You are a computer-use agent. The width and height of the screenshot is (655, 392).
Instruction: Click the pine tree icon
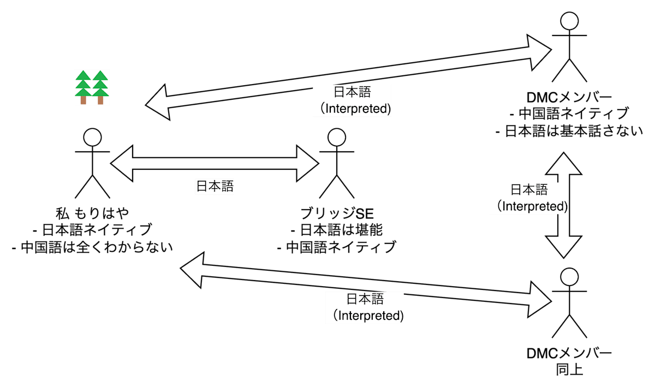tap(92, 87)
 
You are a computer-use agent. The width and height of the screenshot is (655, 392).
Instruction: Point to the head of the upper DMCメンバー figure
tap(569, 21)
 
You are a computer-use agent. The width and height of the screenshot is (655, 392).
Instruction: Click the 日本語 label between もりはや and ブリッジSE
tap(215, 186)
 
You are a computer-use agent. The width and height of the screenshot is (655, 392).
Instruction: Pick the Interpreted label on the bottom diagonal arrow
tap(366, 307)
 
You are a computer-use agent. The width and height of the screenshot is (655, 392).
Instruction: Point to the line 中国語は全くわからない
tap(92, 247)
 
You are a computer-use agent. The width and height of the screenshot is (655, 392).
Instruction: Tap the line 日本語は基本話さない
tap(569, 131)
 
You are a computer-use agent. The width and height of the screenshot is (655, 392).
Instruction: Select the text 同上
tap(569, 370)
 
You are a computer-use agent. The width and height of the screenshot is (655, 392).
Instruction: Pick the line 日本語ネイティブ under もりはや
tap(92, 230)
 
